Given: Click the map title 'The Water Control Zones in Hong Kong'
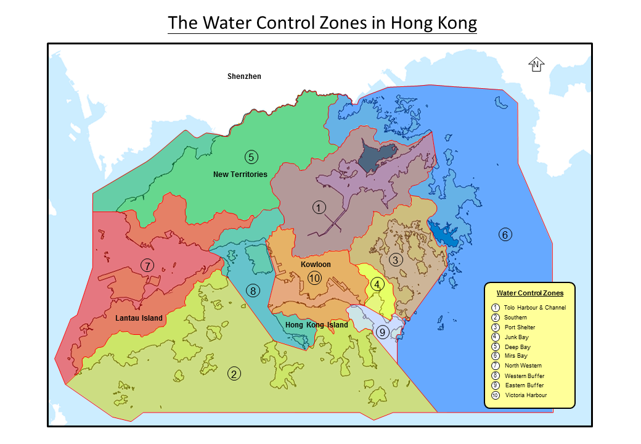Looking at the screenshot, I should click(322, 23).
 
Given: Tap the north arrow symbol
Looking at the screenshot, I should click(536, 65).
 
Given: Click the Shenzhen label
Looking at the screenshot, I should click(244, 76).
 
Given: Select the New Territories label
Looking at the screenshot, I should click(240, 175).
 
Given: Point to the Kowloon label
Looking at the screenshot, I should click(316, 265).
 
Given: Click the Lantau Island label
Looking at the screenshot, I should click(139, 318).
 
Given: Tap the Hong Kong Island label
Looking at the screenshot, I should click(317, 325).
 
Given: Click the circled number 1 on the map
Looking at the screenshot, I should click(319, 208).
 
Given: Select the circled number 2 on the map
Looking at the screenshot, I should click(234, 373).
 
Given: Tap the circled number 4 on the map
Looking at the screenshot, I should click(377, 284).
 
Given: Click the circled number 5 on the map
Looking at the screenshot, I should click(251, 157).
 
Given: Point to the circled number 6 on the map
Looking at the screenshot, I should click(505, 234).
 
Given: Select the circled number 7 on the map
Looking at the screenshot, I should click(147, 265).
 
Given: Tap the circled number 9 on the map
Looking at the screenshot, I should click(382, 332).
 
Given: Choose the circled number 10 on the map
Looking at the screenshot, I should click(315, 278).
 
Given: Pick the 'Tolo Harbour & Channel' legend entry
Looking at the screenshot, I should click(534, 308).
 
